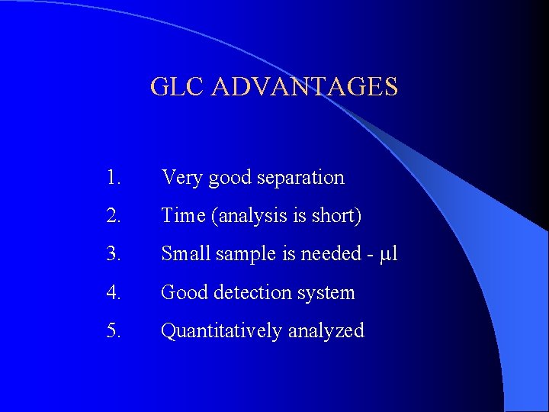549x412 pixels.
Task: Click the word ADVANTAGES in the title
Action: (304, 86)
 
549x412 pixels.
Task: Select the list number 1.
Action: (114, 178)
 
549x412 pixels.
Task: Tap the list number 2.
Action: (114, 216)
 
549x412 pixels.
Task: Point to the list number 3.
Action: (114, 254)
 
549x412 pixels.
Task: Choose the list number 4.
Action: (114, 292)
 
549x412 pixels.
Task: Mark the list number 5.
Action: (114, 330)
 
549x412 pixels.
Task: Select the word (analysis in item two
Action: (242, 217)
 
